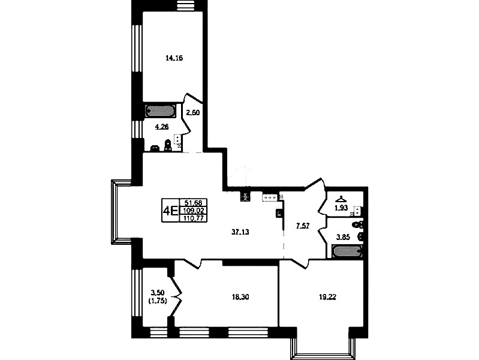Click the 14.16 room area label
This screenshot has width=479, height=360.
coord(174,58)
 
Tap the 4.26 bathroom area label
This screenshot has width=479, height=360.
coord(162,127)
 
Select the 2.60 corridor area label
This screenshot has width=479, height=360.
coord(193,113)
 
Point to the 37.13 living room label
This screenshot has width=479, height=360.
coord(240,232)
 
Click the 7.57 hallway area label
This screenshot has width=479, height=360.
coord(303,226)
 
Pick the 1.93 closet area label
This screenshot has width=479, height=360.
coord(341,208)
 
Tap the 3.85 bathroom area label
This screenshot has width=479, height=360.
coord(343,237)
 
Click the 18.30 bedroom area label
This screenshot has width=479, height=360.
coord(240,296)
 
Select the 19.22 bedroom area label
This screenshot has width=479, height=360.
coord(327,296)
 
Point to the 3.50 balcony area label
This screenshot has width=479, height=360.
coord(158,293)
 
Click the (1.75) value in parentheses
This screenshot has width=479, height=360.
coord(158,301)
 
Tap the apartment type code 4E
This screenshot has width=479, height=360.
coord(171,211)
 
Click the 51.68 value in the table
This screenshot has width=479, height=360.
coord(194,202)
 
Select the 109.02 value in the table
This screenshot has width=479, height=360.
coord(194,210)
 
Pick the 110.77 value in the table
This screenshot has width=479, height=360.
coord(194,218)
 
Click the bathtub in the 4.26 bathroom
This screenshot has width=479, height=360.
coord(161,111)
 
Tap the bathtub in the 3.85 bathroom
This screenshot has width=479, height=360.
coord(348,251)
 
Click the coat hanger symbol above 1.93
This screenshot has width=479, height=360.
coord(341,199)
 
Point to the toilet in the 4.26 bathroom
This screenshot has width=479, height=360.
coord(167,145)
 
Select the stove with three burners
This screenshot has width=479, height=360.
coord(270,197)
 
